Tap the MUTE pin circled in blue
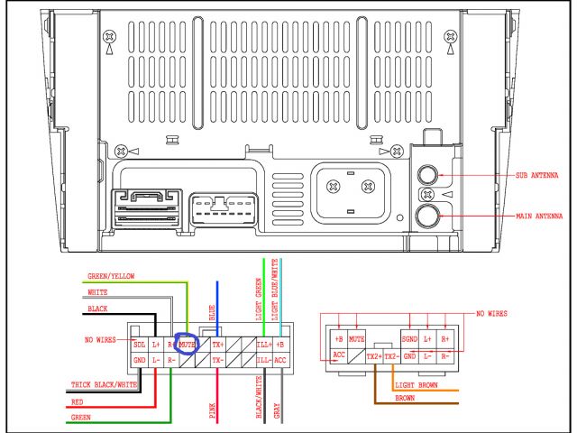pos(188,345)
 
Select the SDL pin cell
pos(140,345)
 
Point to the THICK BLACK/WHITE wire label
pos(105,385)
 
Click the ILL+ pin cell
pos(263,345)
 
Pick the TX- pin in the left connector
pos(217,360)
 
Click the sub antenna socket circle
pos(428,174)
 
